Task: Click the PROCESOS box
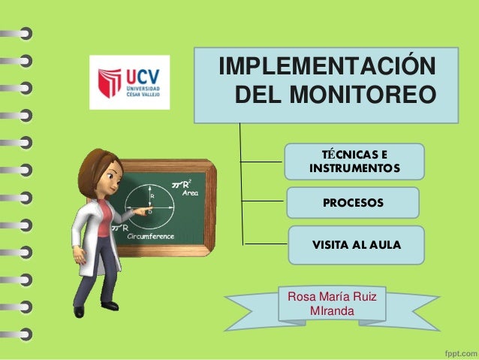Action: click(353, 203)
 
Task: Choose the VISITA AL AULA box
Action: click(357, 245)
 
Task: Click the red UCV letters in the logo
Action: click(146, 75)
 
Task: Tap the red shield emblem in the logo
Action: click(110, 83)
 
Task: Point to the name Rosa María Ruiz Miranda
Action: click(332, 304)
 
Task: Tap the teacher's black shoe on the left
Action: click(78, 311)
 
